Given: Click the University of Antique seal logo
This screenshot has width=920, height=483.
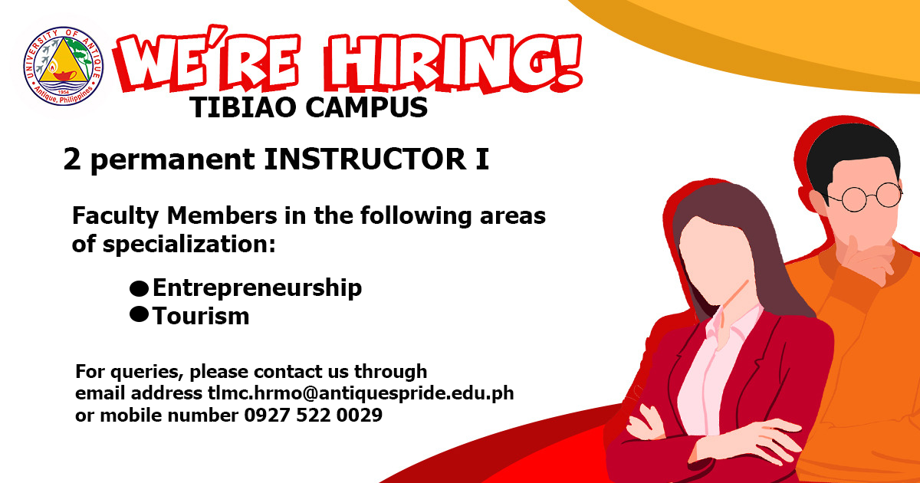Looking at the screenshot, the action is (x=63, y=66).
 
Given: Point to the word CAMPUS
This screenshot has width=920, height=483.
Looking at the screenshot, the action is (x=366, y=107).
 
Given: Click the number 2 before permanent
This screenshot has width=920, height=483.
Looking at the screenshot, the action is (x=72, y=159).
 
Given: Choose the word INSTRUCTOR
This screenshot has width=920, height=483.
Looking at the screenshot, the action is (x=365, y=159).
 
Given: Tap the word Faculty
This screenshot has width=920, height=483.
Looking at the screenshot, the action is (x=116, y=216).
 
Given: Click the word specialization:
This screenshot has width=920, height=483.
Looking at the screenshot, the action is (x=189, y=245).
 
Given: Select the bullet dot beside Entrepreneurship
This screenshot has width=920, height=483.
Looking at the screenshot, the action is (x=140, y=288).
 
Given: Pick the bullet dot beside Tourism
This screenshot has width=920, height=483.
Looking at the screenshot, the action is (x=140, y=314).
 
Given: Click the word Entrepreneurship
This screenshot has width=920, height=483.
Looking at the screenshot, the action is (x=258, y=288).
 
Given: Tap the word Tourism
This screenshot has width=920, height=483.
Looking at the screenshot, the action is (x=201, y=316).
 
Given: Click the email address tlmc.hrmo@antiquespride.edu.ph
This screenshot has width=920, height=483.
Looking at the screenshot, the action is (x=360, y=393).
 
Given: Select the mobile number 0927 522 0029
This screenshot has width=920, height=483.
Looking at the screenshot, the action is (x=314, y=415).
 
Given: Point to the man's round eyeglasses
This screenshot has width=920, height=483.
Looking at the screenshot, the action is (x=866, y=197).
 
